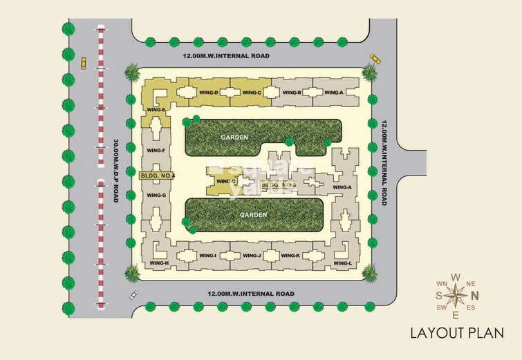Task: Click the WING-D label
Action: [210, 93]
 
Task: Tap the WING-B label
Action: [292, 93]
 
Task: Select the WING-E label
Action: [156, 110]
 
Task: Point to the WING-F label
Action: [156, 151]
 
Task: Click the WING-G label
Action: [157, 196]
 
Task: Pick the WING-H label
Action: [159, 263]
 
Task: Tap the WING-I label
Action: [208, 256]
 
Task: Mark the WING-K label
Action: [292, 256]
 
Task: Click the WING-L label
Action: [342, 263]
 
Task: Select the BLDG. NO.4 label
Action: [158, 176]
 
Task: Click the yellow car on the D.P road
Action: [84, 62]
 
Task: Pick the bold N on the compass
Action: [474, 296]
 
